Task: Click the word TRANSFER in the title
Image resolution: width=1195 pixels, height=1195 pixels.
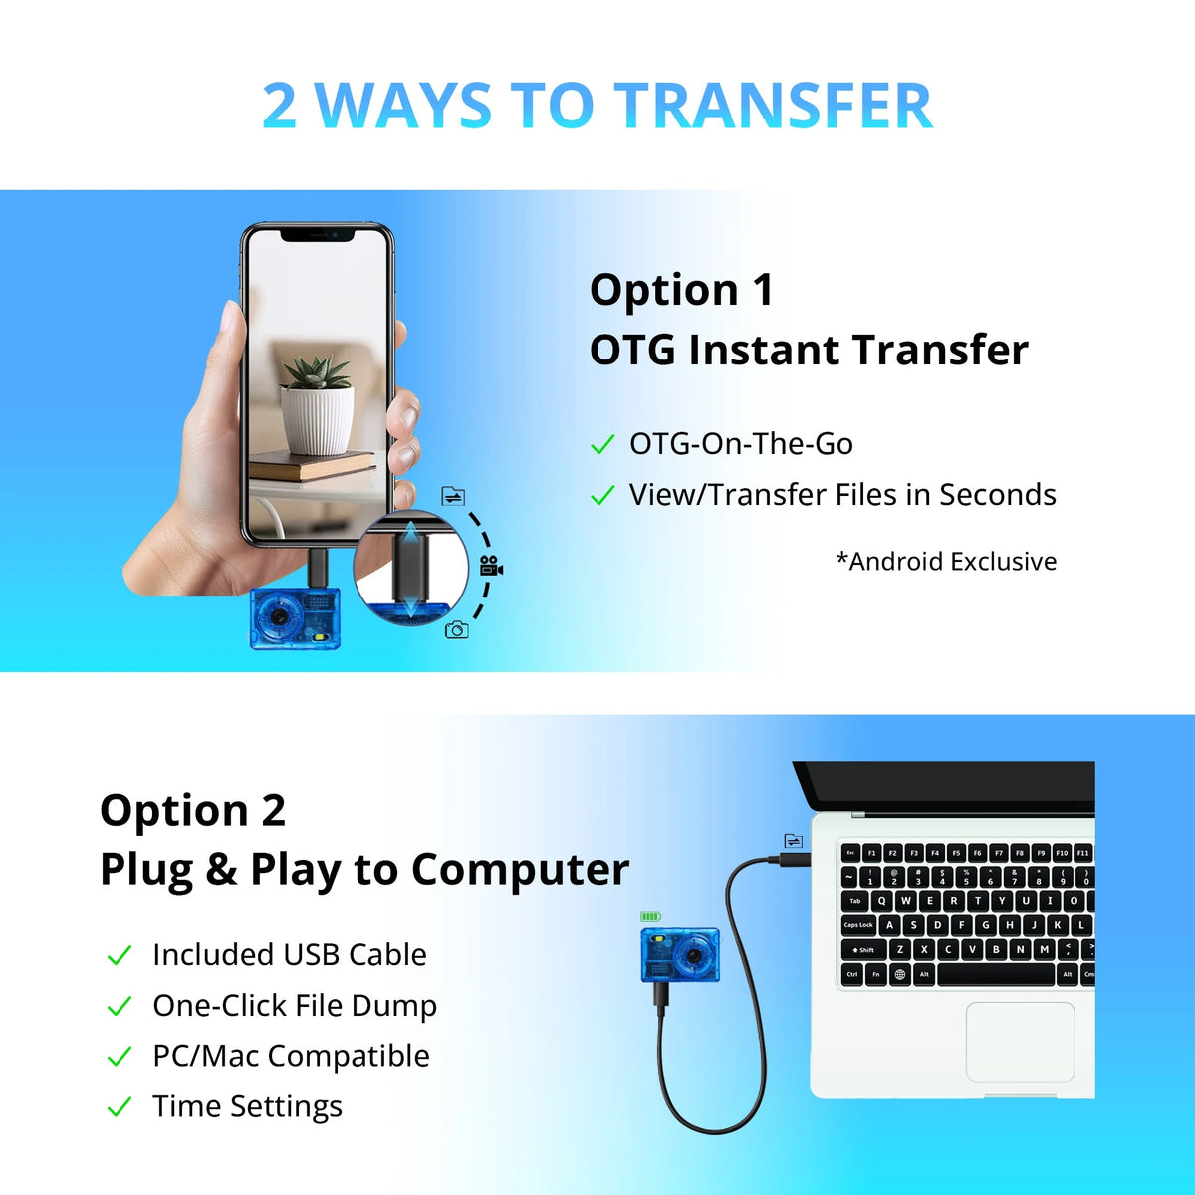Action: pyautogui.click(x=773, y=106)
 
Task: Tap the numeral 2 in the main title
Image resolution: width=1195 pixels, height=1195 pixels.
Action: pyautogui.click(x=279, y=106)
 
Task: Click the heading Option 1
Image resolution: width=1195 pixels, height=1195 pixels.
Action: pyautogui.click(x=681, y=290)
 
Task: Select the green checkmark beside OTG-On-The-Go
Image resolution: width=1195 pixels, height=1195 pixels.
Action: pyautogui.click(x=602, y=444)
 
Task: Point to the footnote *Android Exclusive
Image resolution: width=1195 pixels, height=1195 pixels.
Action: pyautogui.click(x=946, y=562)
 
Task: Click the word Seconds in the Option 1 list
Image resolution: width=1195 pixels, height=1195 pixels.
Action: pyautogui.click(x=997, y=495)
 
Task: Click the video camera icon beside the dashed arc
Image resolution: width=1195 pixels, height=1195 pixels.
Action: pyautogui.click(x=491, y=566)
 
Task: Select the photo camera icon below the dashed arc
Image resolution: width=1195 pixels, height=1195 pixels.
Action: pyautogui.click(x=457, y=630)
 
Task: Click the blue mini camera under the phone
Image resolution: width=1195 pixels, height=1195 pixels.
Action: pyautogui.click(x=295, y=618)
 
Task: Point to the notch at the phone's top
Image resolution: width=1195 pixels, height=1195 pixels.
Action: pyautogui.click(x=317, y=235)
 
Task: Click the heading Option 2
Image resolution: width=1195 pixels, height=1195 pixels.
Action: pyautogui.click(x=193, y=811)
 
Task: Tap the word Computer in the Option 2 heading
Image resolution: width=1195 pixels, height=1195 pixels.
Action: pyautogui.click(x=520, y=871)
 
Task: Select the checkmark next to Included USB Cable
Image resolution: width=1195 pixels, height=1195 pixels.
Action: pyautogui.click(x=119, y=955)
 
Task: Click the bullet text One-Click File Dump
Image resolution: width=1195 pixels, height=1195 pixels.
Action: pyautogui.click(x=295, y=1006)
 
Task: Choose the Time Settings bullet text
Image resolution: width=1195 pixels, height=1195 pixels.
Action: pyautogui.click(x=247, y=1107)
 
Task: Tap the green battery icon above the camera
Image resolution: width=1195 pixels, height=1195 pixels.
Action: pyautogui.click(x=650, y=916)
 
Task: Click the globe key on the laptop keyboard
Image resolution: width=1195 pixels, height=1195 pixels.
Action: pyautogui.click(x=900, y=974)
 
